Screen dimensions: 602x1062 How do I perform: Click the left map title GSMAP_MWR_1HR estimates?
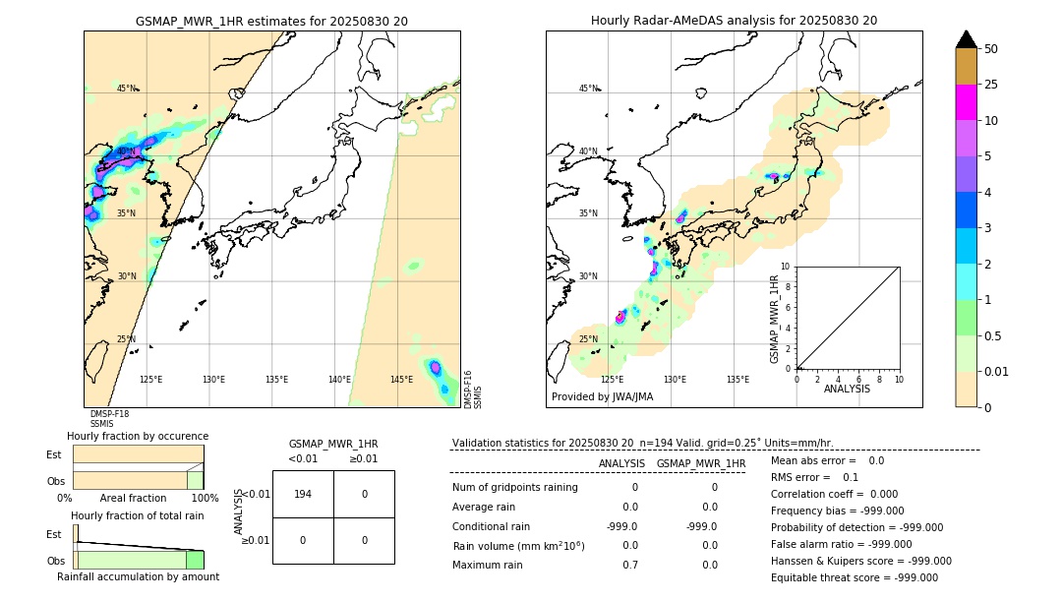pyautogui.click(x=271, y=20)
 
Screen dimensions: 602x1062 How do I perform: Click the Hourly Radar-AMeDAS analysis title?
pyautogui.click(x=734, y=20)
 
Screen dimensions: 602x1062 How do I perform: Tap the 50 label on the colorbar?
pyautogui.click(x=991, y=49)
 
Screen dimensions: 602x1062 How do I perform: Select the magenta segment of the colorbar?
pyautogui.click(x=967, y=102)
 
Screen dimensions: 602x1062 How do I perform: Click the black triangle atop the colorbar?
pyautogui.click(x=967, y=39)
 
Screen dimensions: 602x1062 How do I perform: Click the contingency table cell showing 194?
pyautogui.click(x=303, y=494)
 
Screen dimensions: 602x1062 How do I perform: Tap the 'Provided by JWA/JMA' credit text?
pyautogui.click(x=602, y=396)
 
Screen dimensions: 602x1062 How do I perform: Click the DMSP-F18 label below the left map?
pyautogui.click(x=109, y=414)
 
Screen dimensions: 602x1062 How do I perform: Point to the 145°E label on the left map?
pyautogui.click(x=401, y=380)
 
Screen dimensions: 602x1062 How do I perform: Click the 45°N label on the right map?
pyautogui.click(x=588, y=89)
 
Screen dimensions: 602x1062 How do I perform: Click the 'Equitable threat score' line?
pyautogui.click(x=854, y=577)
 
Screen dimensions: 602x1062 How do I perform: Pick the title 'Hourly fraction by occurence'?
pyautogui.click(x=138, y=436)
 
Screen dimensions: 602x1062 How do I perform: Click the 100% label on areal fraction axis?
pyautogui.click(x=204, y=498)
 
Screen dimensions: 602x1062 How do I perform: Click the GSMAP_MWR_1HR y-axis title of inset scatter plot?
pyautogui.click(x=774, y=320)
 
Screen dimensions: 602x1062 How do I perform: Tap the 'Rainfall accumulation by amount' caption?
pyautogui.click(x=138, y=576)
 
